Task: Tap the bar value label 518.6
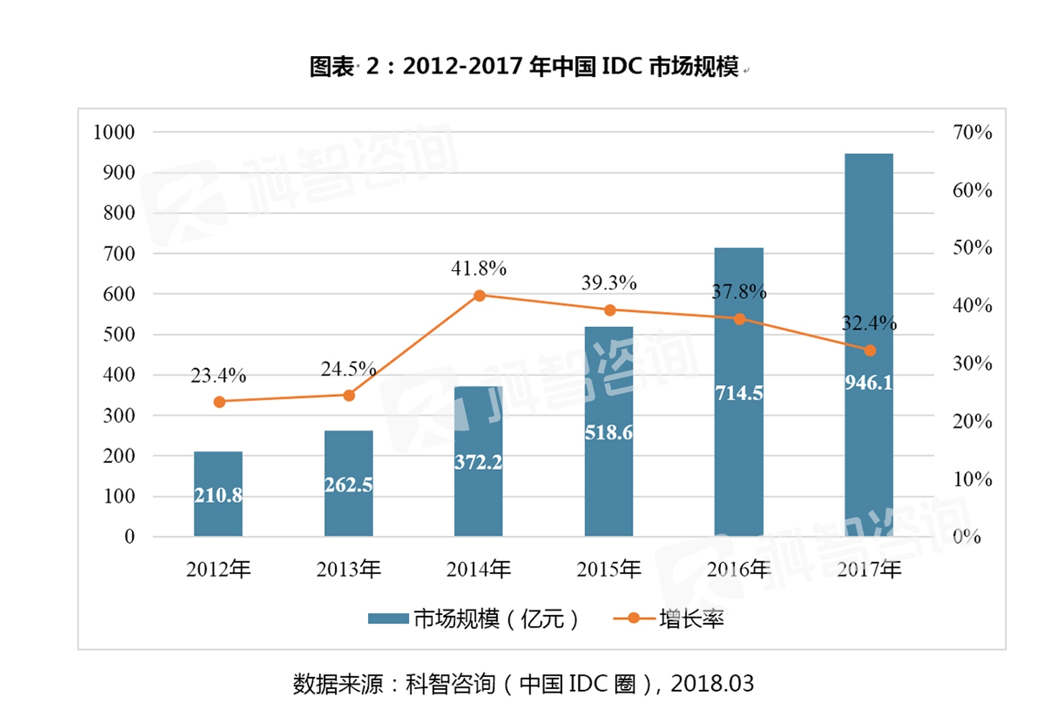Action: click(608, 433)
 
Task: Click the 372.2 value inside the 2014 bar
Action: click(478, 462)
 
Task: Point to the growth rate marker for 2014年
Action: click(479, 295)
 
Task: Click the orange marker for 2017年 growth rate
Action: click(870, 351)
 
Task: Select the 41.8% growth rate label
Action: click(479, 269)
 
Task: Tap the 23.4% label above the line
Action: click(218, 376)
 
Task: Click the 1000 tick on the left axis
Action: click(114, 132)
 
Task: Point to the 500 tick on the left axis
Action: click(119, 335)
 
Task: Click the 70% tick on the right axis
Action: click(972, 132)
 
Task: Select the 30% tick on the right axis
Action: click(972, 364)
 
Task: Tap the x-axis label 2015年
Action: click(608, 570)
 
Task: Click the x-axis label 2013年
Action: click(349, 570)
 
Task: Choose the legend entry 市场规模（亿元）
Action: click(474, 619)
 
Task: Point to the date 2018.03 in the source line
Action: click(712, 683)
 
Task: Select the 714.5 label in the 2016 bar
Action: click(739, 393)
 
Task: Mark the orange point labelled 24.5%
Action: click(349, 395)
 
